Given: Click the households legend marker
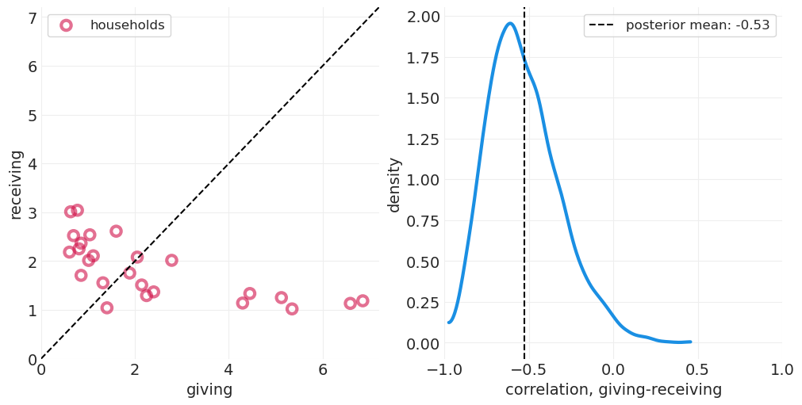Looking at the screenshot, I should coord(66,25).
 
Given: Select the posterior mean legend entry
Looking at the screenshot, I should coord(680,25).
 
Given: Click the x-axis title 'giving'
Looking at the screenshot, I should coord(209,390).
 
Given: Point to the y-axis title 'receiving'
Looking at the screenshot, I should coord(17,184).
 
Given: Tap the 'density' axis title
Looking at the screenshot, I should coord(394,184).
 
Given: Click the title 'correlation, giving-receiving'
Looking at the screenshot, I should coord(613,390).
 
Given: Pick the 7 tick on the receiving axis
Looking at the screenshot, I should coord(32,17).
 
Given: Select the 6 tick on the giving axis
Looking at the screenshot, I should coord(322,370).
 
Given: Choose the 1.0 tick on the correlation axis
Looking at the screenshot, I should coord(781,370).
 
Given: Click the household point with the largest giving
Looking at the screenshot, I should coord(363,301).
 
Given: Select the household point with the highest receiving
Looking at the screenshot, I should coord(77,210).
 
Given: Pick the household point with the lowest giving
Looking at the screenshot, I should coord(70,252).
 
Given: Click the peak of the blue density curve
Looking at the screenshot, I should coord(510,24).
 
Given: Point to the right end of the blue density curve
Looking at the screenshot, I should coord(690,342).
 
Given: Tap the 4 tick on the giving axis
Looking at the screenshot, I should coord(228,370).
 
